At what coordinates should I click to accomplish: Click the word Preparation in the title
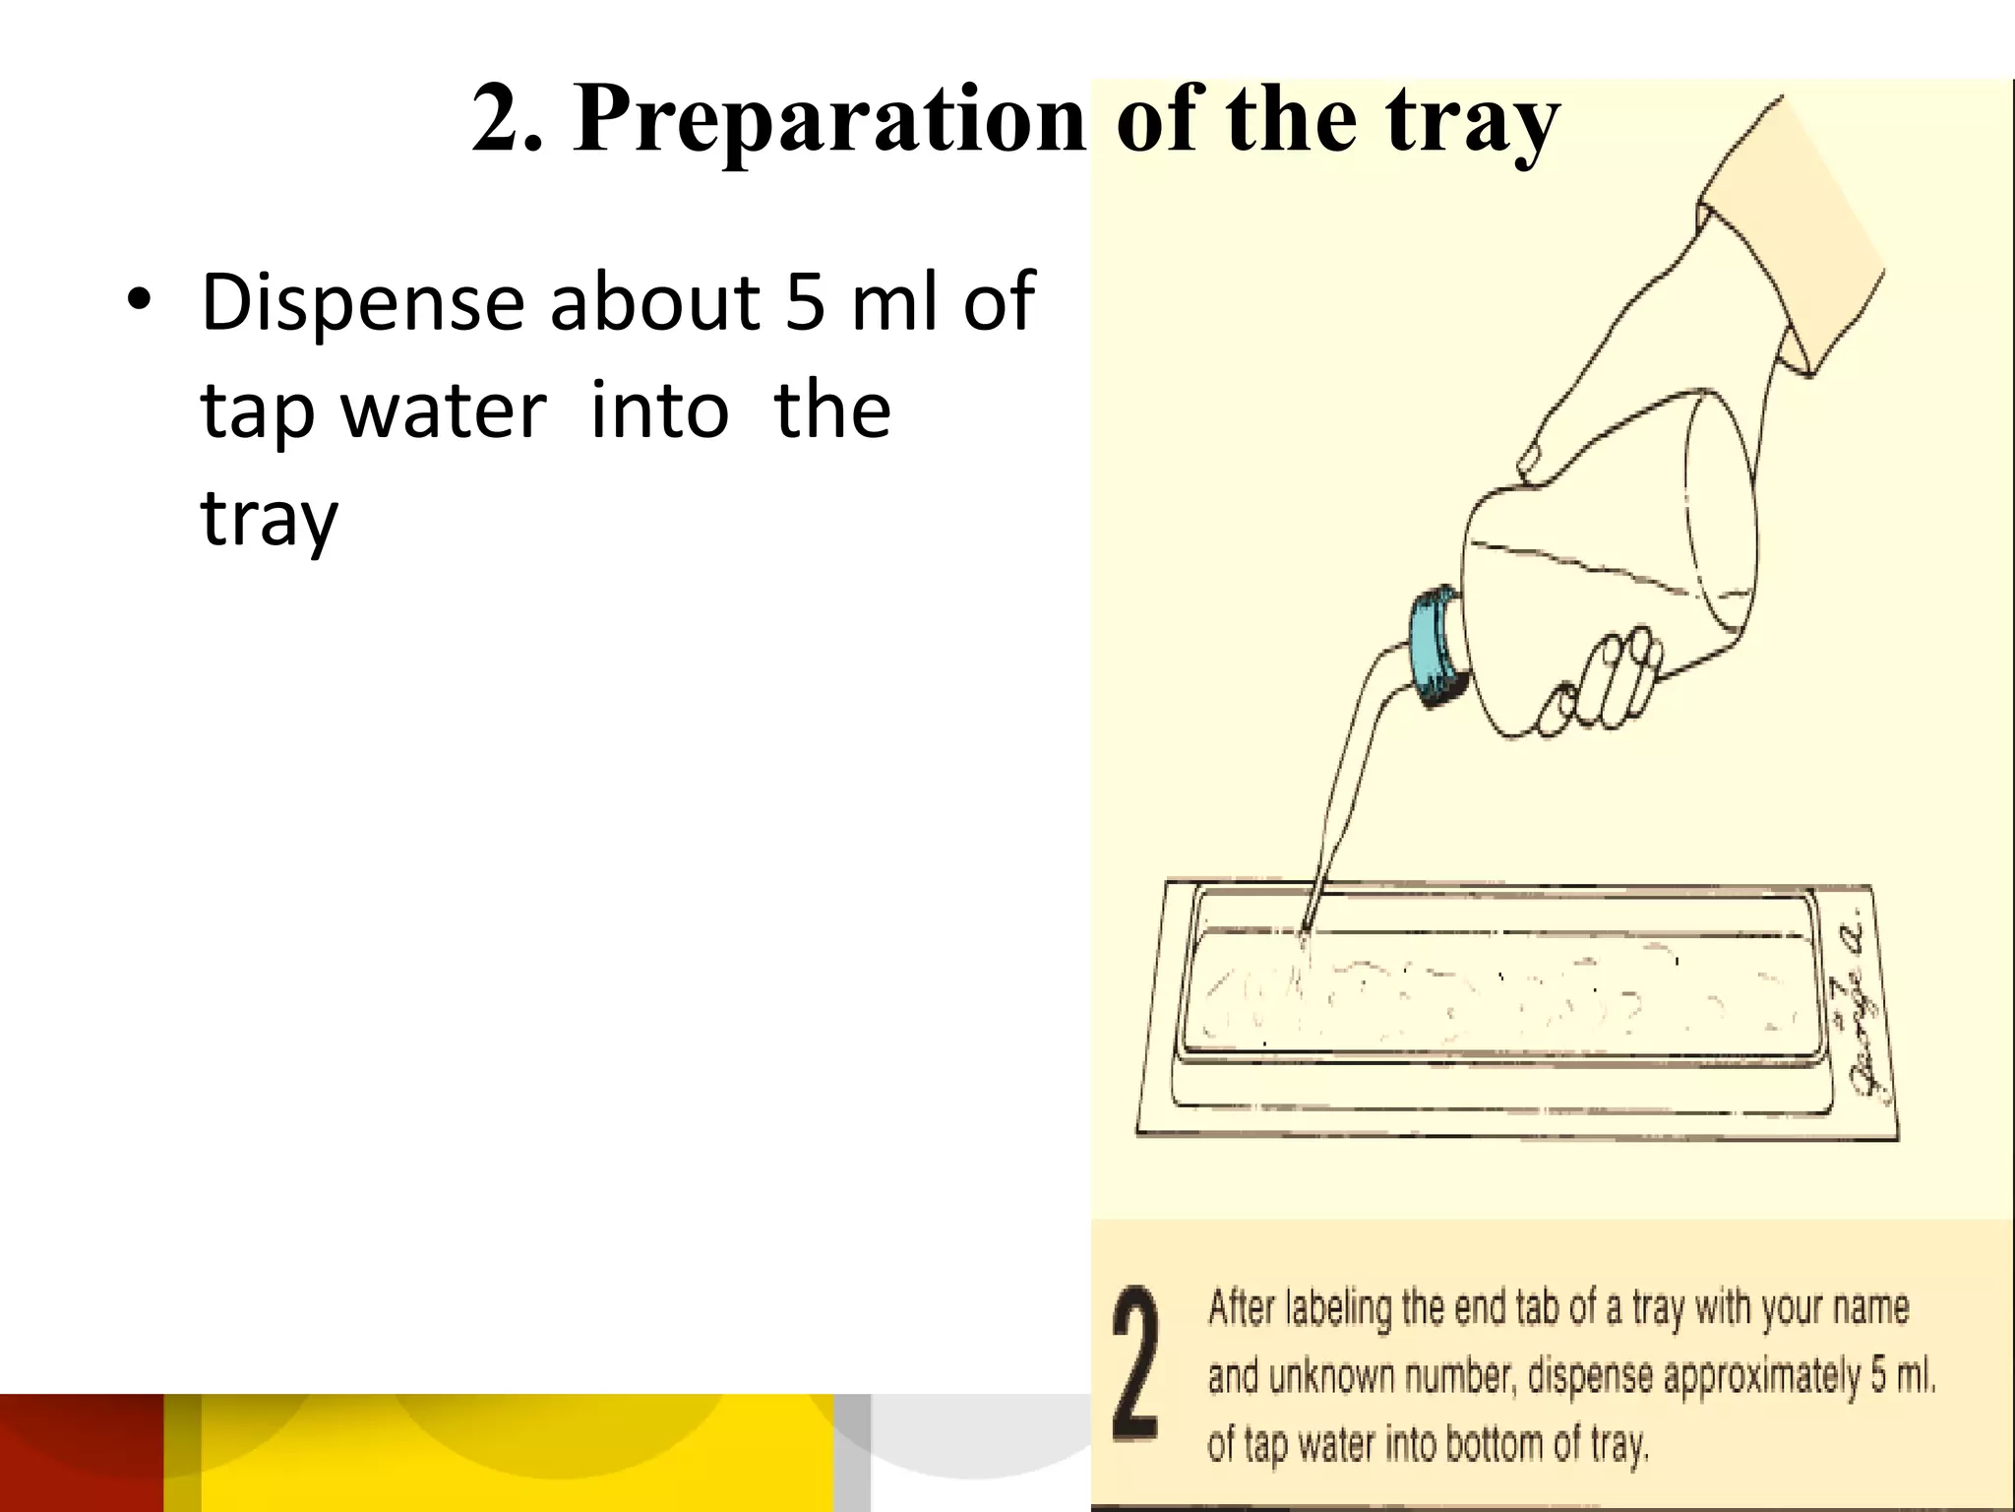coord(828,120)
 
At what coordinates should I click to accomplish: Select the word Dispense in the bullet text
coord(362,303)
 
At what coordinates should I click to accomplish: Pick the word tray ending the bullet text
coord(269,519)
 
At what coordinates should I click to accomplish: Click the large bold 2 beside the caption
coord(1136,1364)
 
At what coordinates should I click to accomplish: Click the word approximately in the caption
coord(1761,1376)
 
